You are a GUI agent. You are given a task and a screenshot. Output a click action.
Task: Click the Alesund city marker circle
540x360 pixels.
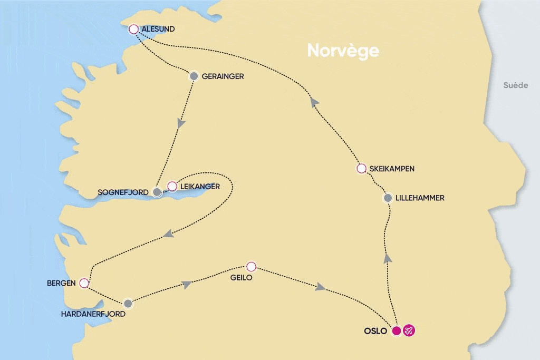pyautogui.click(x=134, y=30)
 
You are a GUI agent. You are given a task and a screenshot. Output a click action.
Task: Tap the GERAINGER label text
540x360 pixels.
pyautogui.click(x=223, y=76)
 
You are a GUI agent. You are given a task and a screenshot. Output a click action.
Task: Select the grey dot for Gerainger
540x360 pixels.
pyautogui.click(x=194, y=76)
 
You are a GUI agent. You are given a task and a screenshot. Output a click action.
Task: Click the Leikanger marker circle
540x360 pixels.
pyautogui.click(x=172, y=186)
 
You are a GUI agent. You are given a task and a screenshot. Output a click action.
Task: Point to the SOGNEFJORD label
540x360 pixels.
pyautogui.click(x=124, y=193)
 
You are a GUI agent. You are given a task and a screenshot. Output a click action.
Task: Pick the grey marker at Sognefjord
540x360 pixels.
pyautogui.click(x=157, y=192)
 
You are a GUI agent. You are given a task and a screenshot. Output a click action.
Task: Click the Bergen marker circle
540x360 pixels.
pyautogui.click(x=83, y=284)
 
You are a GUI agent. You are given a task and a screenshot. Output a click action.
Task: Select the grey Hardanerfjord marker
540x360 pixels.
pyautogui.click(x=128, y=304)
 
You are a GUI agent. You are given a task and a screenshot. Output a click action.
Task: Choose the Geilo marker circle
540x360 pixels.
pyautogui.click(x=252, y=266)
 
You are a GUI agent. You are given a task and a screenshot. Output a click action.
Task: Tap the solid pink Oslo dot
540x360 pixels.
pyautogui.click(x=397, y=331)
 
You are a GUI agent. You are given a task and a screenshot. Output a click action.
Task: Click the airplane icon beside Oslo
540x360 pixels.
pyautogui.click(x=409, y=331)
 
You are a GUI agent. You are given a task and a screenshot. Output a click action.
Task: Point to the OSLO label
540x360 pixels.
pyautogui.click(x=375, y=332)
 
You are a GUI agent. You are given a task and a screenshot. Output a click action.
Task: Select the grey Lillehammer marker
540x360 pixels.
pyautogui.click(x=388, y=199)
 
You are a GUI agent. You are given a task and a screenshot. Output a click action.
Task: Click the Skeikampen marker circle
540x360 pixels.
pyautogui.click(x=361, y=169)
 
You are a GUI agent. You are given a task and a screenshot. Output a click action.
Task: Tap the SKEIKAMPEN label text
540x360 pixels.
pyautogui.click(x=392, y=169)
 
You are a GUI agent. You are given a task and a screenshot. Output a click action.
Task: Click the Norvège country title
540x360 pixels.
pyautogui.click(x=343, y=51)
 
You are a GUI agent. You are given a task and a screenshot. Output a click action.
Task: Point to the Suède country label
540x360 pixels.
pyautogui.click(x=515, y=85)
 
